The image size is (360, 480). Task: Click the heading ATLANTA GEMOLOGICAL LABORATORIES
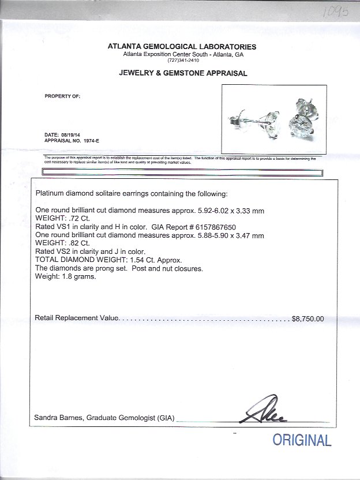[182, 47]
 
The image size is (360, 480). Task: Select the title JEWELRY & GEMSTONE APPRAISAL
[183, 73]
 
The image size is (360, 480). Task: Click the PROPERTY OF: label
[62, 96]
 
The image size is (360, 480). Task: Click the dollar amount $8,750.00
[308, 318]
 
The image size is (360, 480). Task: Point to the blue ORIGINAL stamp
[302, 441]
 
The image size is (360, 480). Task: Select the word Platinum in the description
[50, 193]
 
